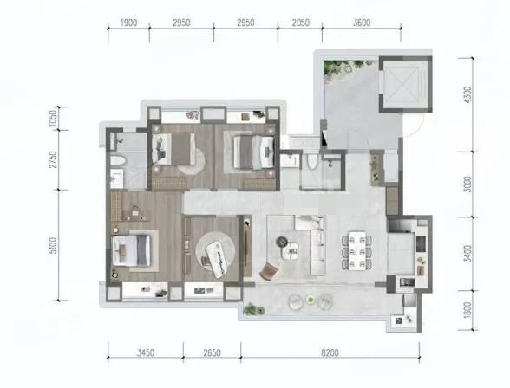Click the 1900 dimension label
(x=128, y=23)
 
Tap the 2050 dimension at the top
(x=300, y=23)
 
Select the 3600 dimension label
(x=362, y=23)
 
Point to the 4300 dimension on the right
(x=467, y=94)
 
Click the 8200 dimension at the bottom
(x=330, y=352)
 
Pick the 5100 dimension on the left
(x=54, y=245)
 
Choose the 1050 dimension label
(x=54, y=119)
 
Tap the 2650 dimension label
(x=212, y=352)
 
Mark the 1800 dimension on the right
(x=467, y=310)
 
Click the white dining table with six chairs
(x=356, y=250)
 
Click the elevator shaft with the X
(x=405, y=84)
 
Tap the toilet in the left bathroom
(x=118, y=161)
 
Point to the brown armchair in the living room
(x=269, y=271)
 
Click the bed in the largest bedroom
(x=132, y=250)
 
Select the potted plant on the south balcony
(x=253, y=309)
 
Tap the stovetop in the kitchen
(x=421, y=243)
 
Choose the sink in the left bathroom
(x=116, y=178)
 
